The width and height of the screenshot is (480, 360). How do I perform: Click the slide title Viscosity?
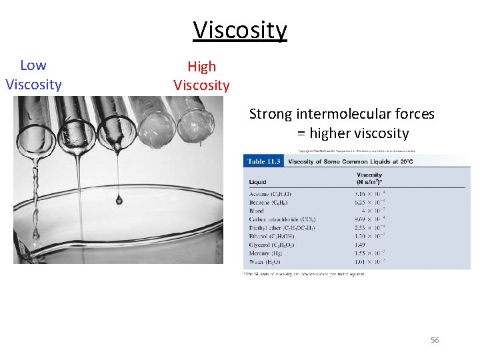pyautogui.click(x=240, y=30)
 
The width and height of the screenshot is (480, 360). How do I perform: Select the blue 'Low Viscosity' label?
pyautogui.click(x=33, y=75)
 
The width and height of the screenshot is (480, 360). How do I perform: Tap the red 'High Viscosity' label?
pyautogui.click(x=201, y=75)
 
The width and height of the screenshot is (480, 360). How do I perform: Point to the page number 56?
pyautogui.click(x=435, y=340)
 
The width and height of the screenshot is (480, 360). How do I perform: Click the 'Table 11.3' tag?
pyautogui.click(x=265, y=161)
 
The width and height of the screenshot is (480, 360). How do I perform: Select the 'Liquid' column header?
pyautogui.click(x=257, y=181)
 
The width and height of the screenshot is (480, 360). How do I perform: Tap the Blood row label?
pyautogui.click(x=256, y=211)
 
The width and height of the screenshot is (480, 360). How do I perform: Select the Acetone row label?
pyautogui.click(x=270, y=194)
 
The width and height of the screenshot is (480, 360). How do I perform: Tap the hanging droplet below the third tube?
pyautogui.click(x=119, y=199)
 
